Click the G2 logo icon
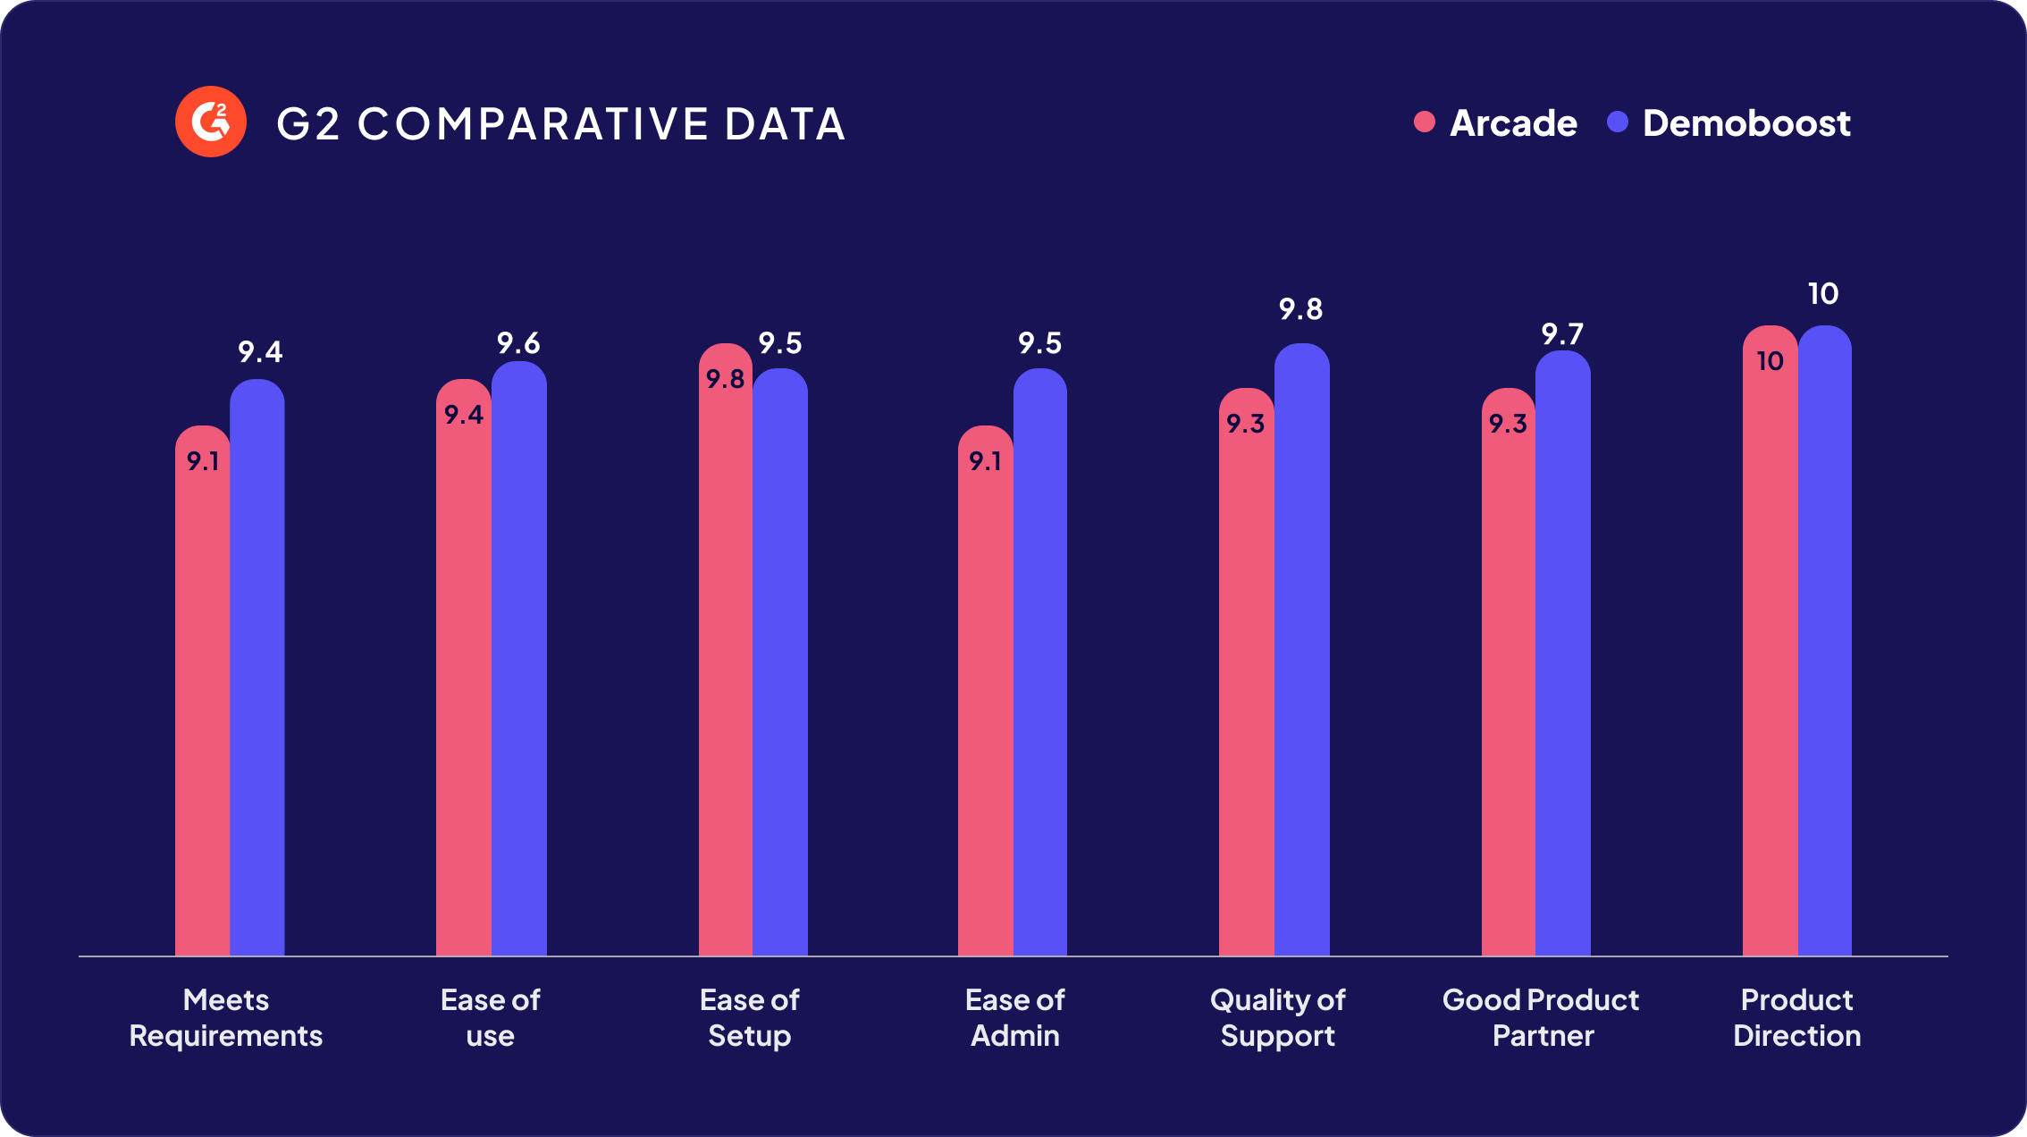(211, 122)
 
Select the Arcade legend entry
(1497, 122)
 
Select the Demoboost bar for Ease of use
(518, 661)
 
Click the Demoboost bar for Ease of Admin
(1039, 661)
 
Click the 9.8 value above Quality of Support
(1300, 309)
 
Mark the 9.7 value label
(1561, 334)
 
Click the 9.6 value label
(518, 343)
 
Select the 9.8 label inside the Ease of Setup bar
(725, 379)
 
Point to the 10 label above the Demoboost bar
(1823, 293)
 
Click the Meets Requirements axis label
(226, 1017)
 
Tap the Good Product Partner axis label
(1541, 1017)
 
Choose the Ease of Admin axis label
(1015, 1017)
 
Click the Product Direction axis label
(1797, 1017)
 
